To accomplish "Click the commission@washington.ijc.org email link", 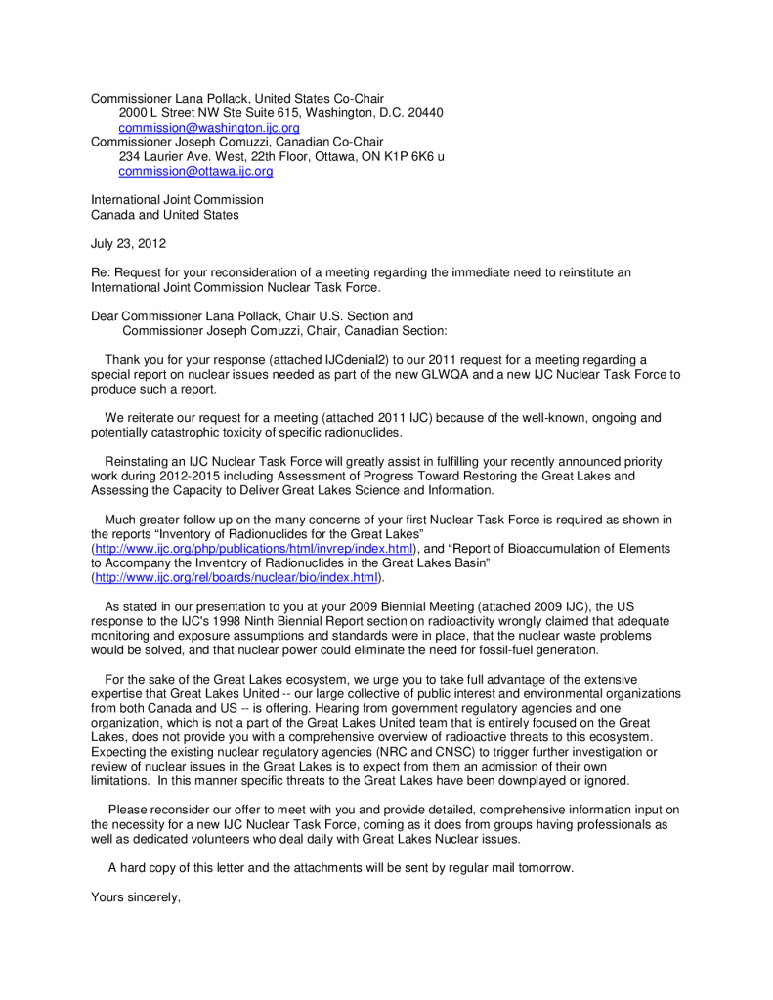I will (209, 128).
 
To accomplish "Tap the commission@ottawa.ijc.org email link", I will (195, 171).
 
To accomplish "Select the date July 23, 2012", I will (128, 243).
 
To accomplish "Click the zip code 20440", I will (424, 113).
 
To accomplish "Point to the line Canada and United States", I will (164, 215).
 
